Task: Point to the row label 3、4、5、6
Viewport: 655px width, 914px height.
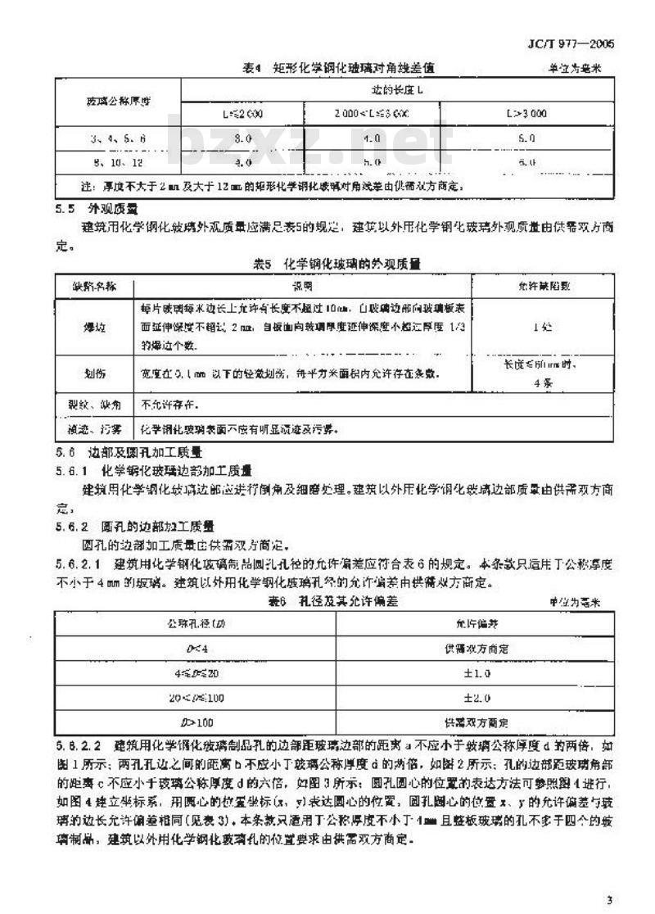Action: click(118, 139)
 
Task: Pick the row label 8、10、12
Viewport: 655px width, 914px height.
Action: click(118, 163)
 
